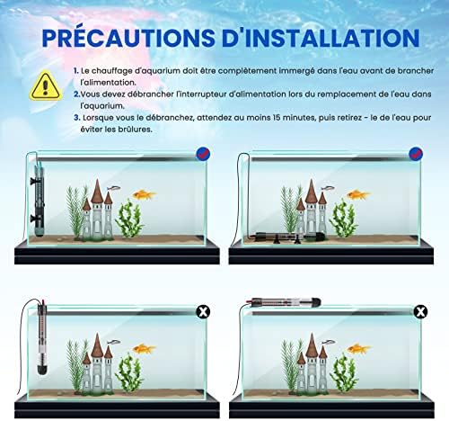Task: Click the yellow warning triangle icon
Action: tap(43, 86)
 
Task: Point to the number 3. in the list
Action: tap(77, 117)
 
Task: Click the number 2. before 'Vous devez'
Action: tap(77, 93)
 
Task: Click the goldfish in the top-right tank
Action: tap(357, 193)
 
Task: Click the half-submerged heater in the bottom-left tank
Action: tap(40, 342)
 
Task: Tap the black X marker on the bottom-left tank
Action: tap(204, 311)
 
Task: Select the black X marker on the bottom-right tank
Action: tap(419, 311)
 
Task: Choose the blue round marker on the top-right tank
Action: tap(415, 153)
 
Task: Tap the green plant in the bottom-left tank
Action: tap(131, 371)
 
